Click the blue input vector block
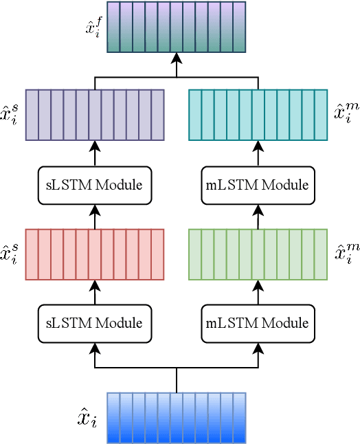pyautogui.click(x=177, y=417)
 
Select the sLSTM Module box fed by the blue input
pyautogui.click(x=95, y=323)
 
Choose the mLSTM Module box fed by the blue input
pyautogui.click(x=258, y=323)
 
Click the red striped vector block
pyautogui.click(x=95, y=254)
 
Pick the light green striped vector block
pyautogui.click(x=258, y=254)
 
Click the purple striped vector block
pyautogui.click(x=95, y=115)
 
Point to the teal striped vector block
pyautogui.click(x=258, y=115)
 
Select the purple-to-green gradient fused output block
pyautogui.click(x=177, y=27)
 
